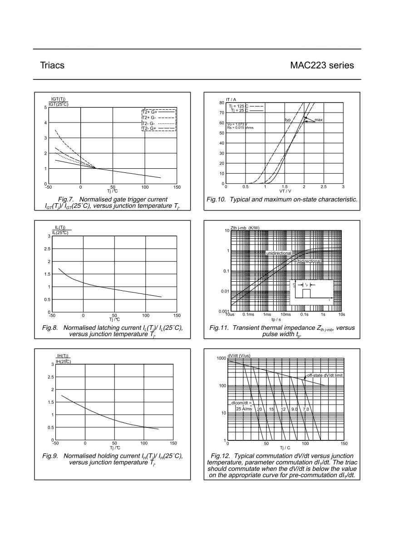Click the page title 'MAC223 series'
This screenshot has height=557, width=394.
pyautogui.click(x=322, y=65)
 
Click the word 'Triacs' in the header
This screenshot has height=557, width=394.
pyautogui.click(x=52, y=65)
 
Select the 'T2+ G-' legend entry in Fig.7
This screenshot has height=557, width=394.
pyautogui.click(x=149, y=117)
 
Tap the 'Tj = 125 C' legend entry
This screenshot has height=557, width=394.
pyautogui.click(x=238, y=106)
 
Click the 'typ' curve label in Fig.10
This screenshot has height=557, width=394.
pyautogui.click(x=288, y=120)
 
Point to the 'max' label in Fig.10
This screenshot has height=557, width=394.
pyautogui.click(x=319, y=120)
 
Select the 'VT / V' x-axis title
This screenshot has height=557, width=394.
pyautogui.click(x=285, y=191)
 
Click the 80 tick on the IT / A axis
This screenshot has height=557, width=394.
pyautogui.click(x=222, y=103)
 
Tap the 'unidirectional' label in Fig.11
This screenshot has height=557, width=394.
pyautogui.click(x=279, y=253)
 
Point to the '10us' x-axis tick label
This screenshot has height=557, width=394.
pyautogui.click(x=230, y=314)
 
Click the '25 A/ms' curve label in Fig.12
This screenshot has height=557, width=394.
pyautogui.click(x=244, y=409)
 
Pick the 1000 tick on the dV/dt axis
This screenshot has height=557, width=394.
pyautogui.click(x=222, y=358)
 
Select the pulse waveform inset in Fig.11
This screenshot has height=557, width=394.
pyautogui.click(x=311, y=292)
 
